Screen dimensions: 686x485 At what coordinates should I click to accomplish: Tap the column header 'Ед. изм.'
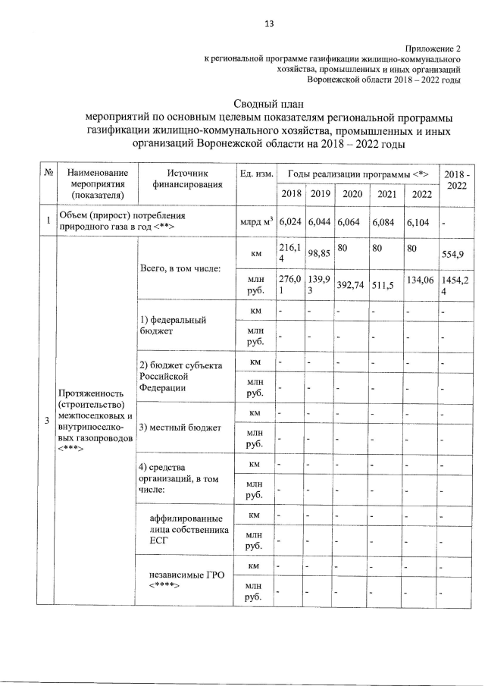(255, 174)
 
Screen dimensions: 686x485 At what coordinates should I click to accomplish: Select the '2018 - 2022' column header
(458, 180)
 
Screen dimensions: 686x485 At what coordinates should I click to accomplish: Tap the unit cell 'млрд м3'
(255, 221)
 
